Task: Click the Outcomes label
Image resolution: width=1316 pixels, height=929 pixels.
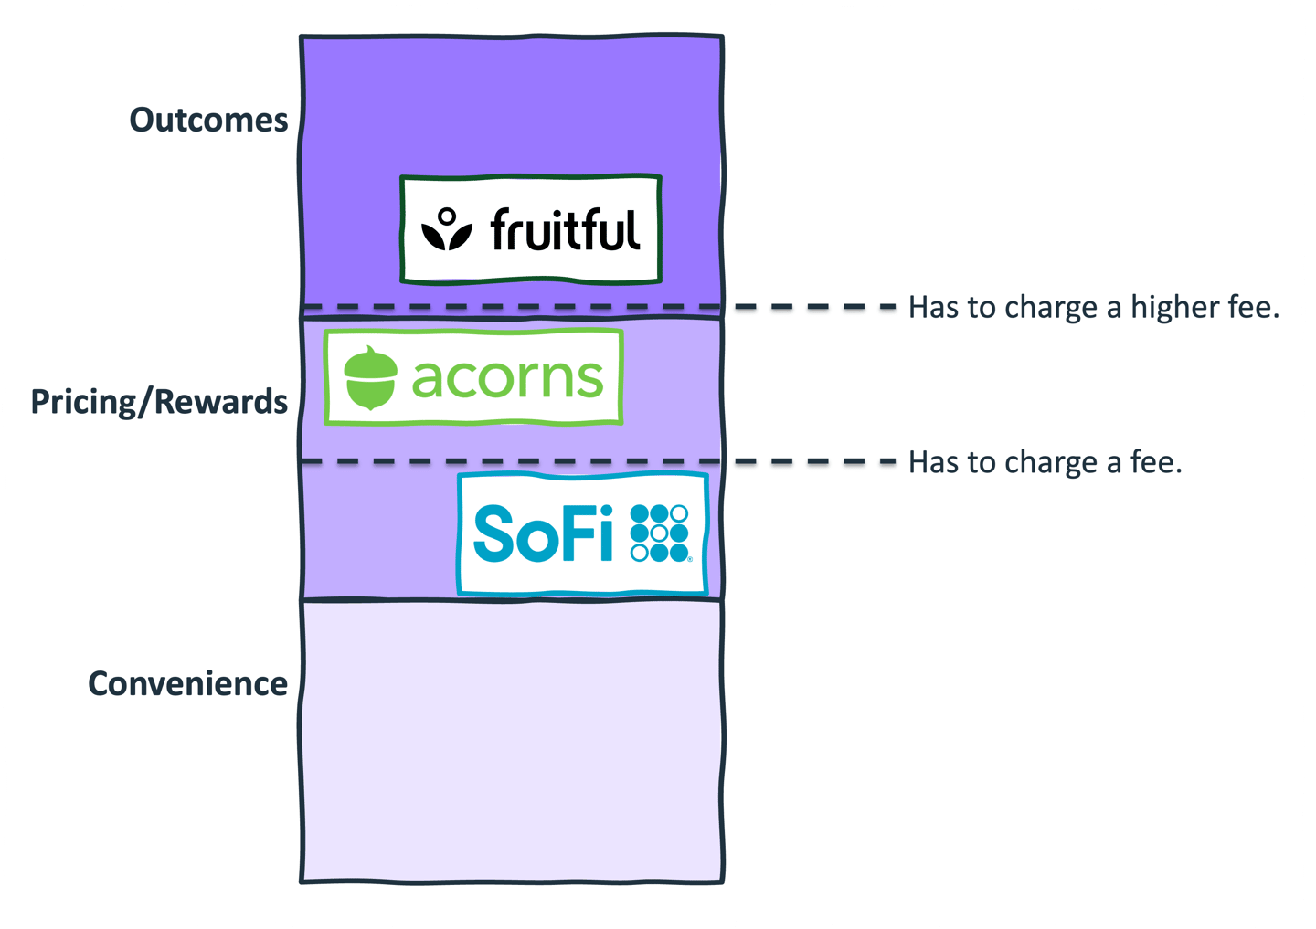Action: tap(208, 121)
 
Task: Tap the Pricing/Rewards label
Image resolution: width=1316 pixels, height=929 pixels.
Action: tap(159, 402)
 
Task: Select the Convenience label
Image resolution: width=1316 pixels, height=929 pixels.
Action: tap(188, 684)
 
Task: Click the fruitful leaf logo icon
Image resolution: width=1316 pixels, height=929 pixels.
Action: tap(447, 229)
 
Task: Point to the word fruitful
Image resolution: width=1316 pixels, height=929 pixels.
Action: tap(565, 229)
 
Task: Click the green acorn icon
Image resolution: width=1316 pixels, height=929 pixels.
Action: tap(370, 377)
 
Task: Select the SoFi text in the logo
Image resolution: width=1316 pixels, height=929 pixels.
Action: tap(544, 533)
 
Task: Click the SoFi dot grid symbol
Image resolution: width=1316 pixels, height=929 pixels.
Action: tap(660, 533)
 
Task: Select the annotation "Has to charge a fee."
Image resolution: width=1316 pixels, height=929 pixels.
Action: tap(1045, 462)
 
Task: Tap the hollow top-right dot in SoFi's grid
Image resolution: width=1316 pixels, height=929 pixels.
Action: tap(679, 513)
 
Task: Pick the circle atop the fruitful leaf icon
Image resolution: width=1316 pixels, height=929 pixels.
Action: tap(447, 216)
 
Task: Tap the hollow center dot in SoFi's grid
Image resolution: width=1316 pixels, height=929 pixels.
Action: tap(660, 533)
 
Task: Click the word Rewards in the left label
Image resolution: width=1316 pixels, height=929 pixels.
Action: tap(221, 402)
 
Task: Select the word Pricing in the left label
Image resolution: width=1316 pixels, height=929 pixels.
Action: tap(83, 403)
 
